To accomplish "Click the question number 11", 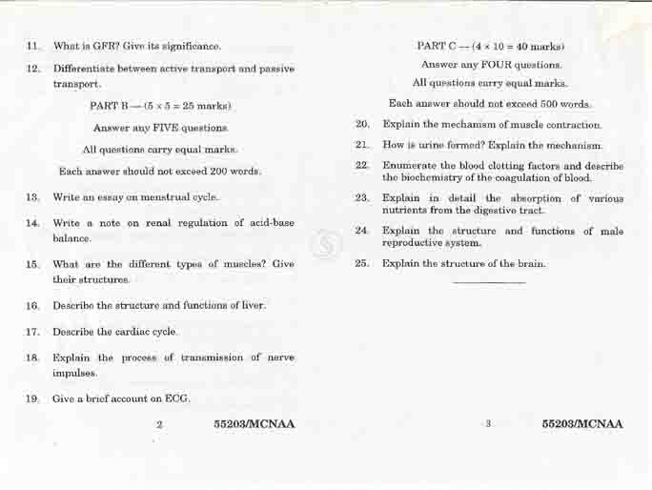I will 33,46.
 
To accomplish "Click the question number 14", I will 33,223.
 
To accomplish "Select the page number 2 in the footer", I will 159,424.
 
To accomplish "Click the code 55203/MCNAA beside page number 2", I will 255,424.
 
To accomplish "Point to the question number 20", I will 362,125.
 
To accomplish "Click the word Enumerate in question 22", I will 411,166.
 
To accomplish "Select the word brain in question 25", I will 531,263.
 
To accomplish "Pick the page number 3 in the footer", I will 487,424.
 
